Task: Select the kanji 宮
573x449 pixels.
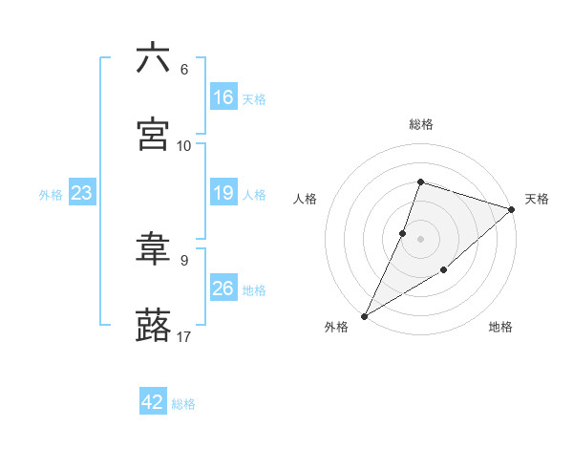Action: (x=153, y=134)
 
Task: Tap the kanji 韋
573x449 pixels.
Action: (x=153, y=249)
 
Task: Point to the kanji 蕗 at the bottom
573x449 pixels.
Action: (x=153, y=325)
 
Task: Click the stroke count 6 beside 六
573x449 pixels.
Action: (x=183, y=70)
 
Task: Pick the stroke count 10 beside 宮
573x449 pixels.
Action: (x=184, y=145)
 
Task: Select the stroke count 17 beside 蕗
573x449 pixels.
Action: (x=184, y=336)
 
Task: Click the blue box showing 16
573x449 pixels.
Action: (x=223, y=97)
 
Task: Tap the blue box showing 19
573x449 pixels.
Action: (x=223, y=193)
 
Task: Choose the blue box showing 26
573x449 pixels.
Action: (x=223, y=289)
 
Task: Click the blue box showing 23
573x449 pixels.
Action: (x=81, y=194)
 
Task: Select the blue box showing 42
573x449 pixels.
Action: (x=152, y=402)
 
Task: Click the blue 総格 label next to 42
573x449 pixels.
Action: (x=183, y=404)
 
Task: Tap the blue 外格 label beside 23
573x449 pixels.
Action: (x=51, y=195)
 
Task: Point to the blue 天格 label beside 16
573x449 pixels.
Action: (x=254, y=99)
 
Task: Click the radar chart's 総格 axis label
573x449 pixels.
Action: (x=420, y=124)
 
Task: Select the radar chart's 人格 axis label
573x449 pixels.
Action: (x=306, y=199)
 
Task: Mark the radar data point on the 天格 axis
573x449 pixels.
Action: (x=512, y=210)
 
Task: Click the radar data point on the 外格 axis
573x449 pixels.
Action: (x=364, y=315)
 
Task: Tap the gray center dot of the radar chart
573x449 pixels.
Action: (x=420, y=238)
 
